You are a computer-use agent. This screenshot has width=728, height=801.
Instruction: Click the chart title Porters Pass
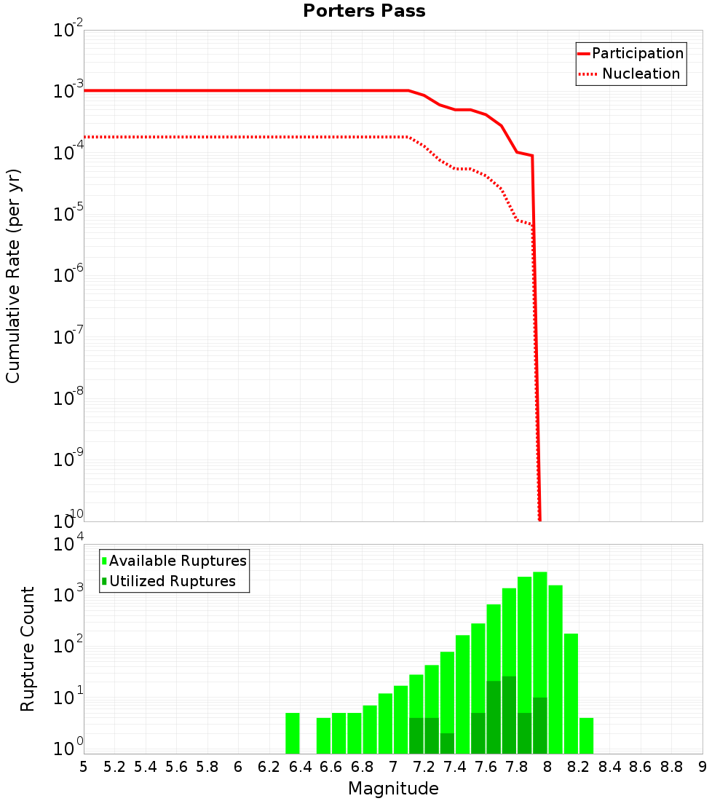click(364, 11)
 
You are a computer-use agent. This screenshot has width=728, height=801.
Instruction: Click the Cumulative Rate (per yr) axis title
click(13, 275)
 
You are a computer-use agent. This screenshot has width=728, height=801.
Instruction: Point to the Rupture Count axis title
click(28, 649)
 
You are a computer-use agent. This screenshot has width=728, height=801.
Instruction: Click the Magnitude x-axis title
click(393, 789)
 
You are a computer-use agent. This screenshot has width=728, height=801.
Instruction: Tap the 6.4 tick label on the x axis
click(300, 768)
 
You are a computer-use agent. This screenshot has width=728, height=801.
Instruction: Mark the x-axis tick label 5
click(84, 768)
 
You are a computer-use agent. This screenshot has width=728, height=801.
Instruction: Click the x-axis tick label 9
click(703, 768)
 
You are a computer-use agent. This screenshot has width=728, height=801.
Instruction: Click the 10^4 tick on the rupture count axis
click(69, 545)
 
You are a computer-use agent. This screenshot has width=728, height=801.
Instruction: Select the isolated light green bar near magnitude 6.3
click(293, 733)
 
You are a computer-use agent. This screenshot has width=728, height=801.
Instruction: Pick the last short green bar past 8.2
click(586, 735)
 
